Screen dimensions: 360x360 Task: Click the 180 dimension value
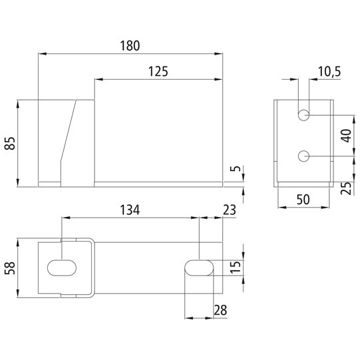click(x=130, y=46)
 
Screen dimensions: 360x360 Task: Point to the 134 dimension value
click(x=130, y=211)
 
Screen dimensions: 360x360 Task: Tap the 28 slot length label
click(x=219, y=311)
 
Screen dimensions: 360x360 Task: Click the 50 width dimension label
click(x=303, y=200)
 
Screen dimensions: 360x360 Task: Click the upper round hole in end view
click(x=303, y=115)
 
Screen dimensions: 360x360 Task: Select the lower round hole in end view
click(x=303, y=156)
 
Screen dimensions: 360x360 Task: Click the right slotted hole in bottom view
click(x=199, y=267)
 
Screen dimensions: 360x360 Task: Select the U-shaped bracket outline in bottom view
click(x=91, y=266)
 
